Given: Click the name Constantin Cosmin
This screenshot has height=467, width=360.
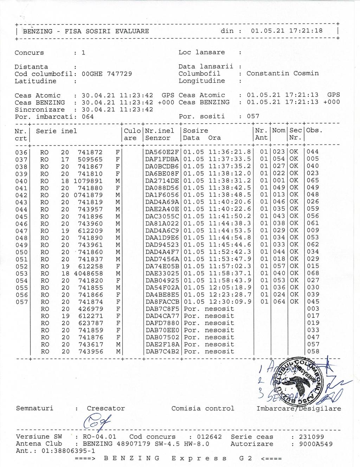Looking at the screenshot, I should coord(282,73).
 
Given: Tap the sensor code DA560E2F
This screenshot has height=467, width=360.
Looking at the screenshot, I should coord(162,152).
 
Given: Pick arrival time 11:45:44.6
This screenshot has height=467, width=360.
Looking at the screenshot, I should coord(230,245).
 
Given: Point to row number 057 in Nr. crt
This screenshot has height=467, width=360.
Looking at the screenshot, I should coord(21,302).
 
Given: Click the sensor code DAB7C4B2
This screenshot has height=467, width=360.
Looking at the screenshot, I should coord(162,352).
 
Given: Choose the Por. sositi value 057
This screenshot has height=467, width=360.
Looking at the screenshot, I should coord(253,116).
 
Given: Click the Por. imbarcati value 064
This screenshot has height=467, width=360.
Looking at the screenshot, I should coord(88,117).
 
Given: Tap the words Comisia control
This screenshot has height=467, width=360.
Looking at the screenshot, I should coord(202,409).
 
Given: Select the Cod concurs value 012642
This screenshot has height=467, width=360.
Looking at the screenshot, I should coord(210,437).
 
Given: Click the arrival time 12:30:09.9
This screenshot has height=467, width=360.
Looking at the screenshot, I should coord(230,302).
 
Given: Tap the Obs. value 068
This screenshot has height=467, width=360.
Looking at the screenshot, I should coord(313,273).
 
